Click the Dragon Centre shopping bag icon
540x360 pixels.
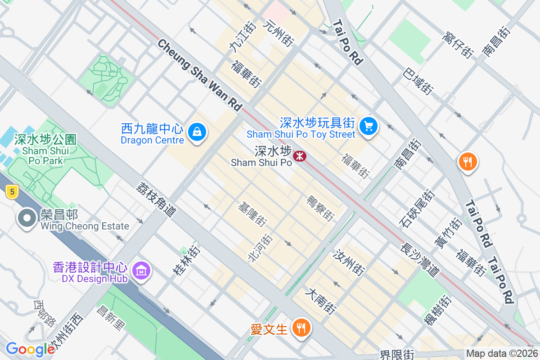coord(197,132)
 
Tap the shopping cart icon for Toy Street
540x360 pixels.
coord(369,126)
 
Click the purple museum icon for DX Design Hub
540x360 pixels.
coord(142,271)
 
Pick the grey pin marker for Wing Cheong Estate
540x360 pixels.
coord(27,218)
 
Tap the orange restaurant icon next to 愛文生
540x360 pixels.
coord(300,328)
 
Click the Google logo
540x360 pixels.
coord(30,349)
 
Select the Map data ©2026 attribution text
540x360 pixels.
coord(502,354)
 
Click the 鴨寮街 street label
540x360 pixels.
coord(320,208)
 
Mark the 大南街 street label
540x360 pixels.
coord(320,301)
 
